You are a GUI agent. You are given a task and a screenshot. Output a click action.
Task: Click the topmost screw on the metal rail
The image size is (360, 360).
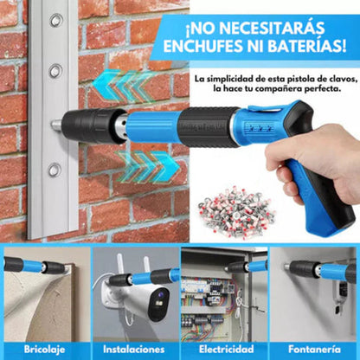(56, 19)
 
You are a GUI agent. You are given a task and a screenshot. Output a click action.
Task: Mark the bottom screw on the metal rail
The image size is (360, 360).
(54, 170)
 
